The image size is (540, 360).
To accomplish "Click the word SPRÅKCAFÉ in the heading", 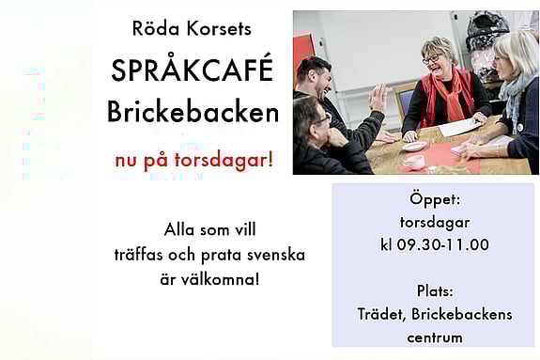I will point(193,70).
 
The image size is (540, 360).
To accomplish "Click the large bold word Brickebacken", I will point(193,112).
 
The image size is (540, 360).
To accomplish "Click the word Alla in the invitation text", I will point(181,229).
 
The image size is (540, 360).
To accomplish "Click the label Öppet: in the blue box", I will point(433,201).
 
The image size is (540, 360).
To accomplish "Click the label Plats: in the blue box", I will point(433,290).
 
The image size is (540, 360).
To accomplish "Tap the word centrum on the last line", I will point(434,337).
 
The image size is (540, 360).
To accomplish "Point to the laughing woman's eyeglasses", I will point(436,59).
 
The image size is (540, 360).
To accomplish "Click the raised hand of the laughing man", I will point(378,98).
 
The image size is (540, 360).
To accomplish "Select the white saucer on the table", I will point(411,147).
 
